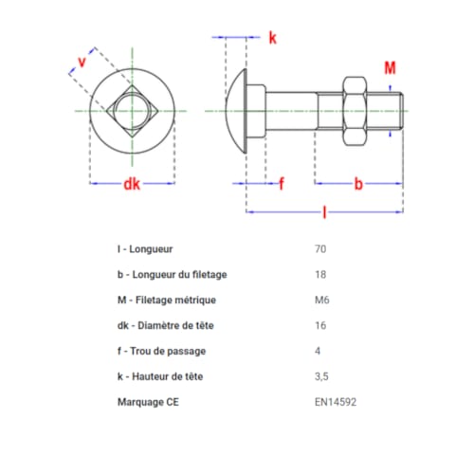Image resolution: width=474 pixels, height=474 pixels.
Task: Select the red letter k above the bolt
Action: (272, 38)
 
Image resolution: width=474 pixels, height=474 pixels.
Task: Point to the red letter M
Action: (390, 67)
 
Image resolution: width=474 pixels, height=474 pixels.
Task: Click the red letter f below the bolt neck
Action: (281, 183)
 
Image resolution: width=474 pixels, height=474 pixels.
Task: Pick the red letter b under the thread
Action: (358, 183)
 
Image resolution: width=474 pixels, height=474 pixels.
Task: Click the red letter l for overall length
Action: (325, 213)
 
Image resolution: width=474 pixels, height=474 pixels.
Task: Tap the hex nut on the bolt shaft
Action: (354, 112)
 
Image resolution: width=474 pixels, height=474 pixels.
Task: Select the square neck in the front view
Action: (132, 112)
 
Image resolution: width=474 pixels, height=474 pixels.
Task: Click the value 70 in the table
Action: (319, 249)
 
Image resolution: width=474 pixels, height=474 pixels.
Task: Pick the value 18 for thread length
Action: (319, 275)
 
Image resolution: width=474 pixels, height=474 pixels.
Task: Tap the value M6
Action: (321, 301)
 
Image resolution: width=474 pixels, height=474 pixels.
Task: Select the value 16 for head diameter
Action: (319, 326)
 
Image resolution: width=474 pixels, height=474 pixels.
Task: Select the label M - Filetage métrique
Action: (167, 301)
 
